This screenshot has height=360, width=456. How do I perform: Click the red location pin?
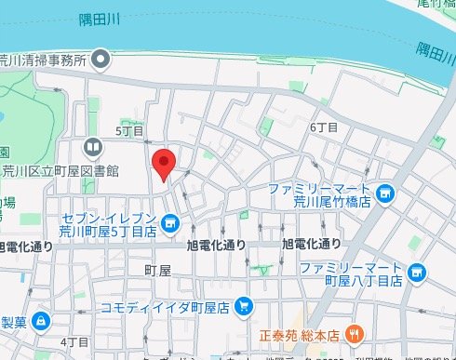[164, 164]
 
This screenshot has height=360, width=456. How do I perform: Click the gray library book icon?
[92, 148]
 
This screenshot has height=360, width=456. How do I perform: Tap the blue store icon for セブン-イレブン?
[171, 223]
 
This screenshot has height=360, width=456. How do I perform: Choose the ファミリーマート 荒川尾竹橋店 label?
[319, 195]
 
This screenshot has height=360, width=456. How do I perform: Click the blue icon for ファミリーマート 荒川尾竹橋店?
[386, 194]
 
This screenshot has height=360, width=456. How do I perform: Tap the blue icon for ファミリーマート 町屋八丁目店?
[417, 273]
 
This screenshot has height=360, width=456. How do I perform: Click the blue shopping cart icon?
[244, 305]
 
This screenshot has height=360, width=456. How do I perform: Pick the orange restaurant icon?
[354, 333]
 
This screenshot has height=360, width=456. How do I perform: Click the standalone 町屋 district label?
[158, 270]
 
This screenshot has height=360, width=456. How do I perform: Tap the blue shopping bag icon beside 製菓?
[41, 322]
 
